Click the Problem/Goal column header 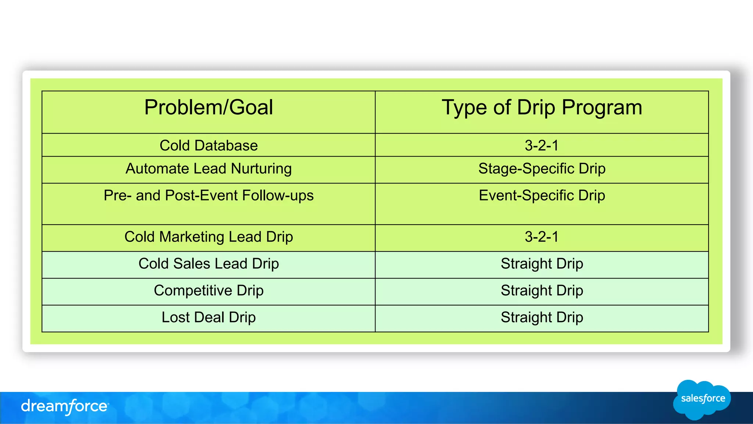pos(208,108)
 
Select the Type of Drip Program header pos(542,108)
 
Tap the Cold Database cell pos(208,146)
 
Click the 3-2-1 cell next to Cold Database pos(542,146)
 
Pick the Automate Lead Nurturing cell pos(208,169)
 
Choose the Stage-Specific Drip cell pos(542,169)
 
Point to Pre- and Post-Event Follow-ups pos(208,196)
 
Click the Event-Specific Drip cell pos(542,196)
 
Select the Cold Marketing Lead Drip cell pos(208,237)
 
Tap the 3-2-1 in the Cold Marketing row pos(542,237)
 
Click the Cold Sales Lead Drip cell pos(208,264)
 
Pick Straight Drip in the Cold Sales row pos(542,264)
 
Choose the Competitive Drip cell pos(208,291)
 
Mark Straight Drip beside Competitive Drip pos(542,291)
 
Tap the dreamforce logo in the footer pos(65,406)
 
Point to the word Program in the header pos(602,108)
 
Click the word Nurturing pos(261,169)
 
